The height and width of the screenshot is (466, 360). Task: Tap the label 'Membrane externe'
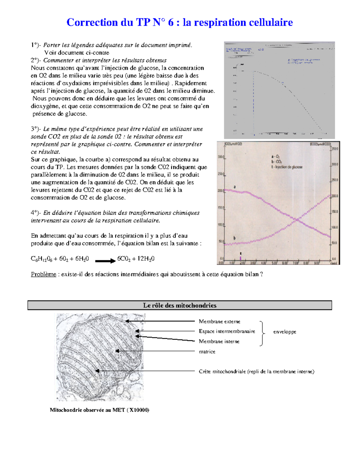coord(219,321)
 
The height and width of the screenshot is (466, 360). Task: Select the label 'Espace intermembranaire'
coord(227,331)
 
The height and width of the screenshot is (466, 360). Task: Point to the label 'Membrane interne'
coord(219,341)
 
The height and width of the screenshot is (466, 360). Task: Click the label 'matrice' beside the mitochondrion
coord(207,352)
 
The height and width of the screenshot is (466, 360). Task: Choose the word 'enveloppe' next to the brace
coord(284,332)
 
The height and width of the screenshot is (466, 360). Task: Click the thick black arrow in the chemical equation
coord(105,261)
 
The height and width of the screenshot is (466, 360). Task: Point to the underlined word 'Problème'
coord(43,274)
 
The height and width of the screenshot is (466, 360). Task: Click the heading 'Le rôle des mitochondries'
coord(180,305)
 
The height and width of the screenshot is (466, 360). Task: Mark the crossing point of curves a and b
coord(297,220)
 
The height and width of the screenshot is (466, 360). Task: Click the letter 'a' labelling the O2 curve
coord(235,187)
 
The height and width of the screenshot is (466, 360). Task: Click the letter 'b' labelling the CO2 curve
coord(234,238)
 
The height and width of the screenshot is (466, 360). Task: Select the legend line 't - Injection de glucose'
coord(287,167)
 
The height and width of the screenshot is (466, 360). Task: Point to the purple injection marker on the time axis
coord(241,258)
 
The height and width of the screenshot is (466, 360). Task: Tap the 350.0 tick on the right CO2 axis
coord(334,149)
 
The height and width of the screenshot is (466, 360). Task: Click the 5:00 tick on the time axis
coord(274,263)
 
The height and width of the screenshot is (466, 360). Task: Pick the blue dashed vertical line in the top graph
coord(253,102)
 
